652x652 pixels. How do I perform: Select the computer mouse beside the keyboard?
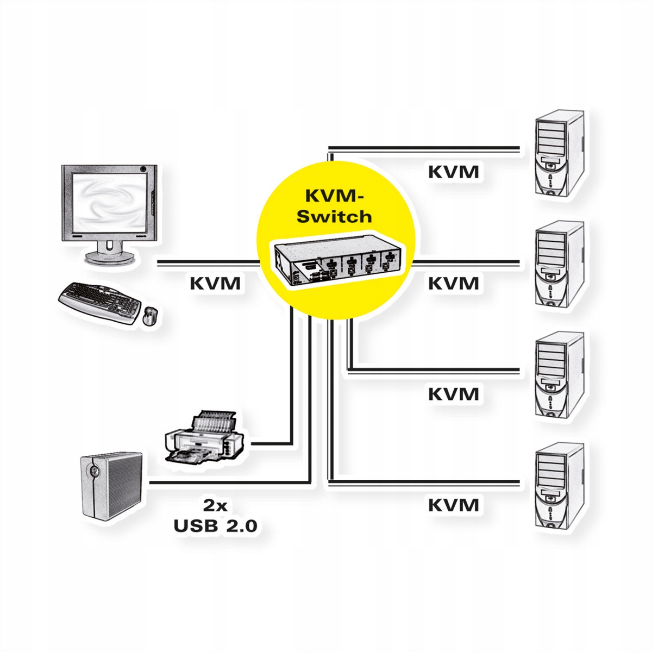pos(149,316)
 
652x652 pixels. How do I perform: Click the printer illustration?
pos(204,439)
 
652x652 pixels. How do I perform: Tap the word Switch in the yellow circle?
pos(334,216)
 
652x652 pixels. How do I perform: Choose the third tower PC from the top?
pos(558,376)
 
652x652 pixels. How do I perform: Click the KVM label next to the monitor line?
pos(215,283)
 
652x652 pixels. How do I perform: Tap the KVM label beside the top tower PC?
pos(454,172)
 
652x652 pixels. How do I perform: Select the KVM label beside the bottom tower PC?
pos(454,505)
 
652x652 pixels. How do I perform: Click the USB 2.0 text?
pos(215,525)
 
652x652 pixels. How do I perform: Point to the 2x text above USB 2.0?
pos(215,505)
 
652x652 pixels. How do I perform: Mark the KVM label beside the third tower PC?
pos(454,393)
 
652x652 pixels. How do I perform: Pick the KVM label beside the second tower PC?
pos(454,283)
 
